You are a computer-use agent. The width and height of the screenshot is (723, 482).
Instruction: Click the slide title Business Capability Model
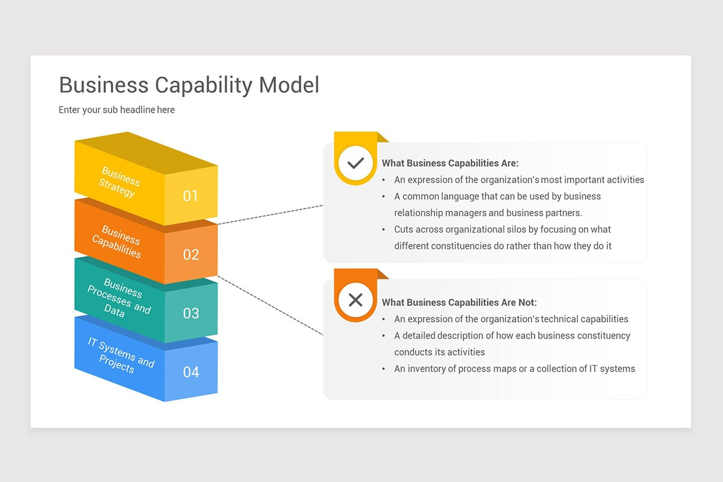(189, 85)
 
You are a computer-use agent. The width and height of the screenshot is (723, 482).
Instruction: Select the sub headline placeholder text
(116, 110)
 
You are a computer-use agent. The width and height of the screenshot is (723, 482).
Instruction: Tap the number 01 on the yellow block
(190, 196)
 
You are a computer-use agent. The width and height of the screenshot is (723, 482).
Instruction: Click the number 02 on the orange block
(190, 255)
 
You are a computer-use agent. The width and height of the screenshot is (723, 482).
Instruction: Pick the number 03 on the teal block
(190, 313)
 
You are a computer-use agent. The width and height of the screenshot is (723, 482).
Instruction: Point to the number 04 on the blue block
(190, 372)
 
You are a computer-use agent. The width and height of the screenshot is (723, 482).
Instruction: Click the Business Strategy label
(119, 183)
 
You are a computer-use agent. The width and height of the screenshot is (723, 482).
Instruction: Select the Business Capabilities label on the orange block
(117, 241)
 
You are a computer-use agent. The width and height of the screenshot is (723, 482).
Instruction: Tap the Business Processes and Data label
(119, 298)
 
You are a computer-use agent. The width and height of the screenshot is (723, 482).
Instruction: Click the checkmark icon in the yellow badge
(355, 163)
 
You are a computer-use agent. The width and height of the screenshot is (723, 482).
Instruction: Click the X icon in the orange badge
(355, 300)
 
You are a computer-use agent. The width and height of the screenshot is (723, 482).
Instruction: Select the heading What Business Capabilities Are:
(450, 163)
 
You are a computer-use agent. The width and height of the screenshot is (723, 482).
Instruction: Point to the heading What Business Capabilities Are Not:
(459, 302)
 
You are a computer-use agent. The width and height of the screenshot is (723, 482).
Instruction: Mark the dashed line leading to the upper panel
(270, 214)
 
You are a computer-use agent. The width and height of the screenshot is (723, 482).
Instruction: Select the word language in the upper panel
(460, 196)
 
